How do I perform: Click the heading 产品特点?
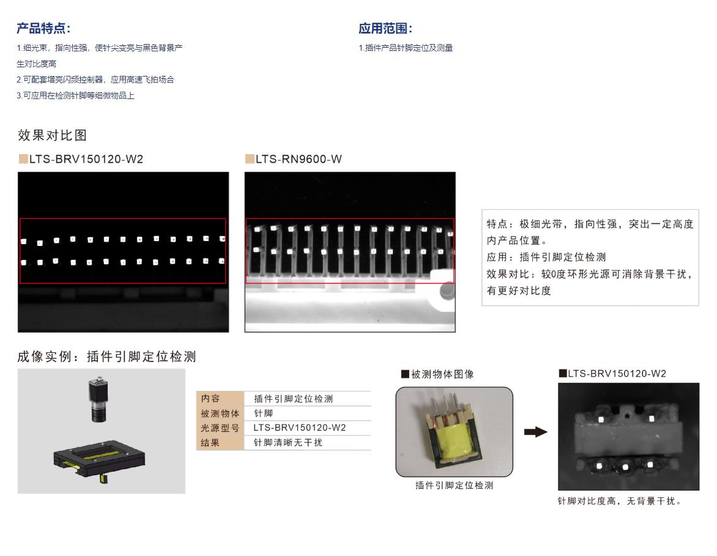[43, 28]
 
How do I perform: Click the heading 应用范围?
[385, 28]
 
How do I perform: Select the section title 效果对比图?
[52, 135]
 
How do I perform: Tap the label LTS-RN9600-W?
[299, 159]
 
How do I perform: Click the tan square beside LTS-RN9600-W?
[250, 159]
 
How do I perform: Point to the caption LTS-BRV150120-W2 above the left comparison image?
[86, 159]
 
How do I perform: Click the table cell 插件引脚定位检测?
[293, 399]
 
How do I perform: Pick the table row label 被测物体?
[220, 413]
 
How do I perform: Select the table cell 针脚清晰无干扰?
[288, 443]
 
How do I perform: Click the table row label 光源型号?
[220, 428]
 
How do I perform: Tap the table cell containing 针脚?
[264, 413]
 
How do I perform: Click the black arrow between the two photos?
[535, 432]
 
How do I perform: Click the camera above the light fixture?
[97, 399]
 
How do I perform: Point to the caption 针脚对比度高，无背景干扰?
[619, 501]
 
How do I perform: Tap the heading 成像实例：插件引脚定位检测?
[106, 357]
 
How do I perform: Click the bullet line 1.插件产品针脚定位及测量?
[406, 48]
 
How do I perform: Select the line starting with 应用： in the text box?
[546, 257]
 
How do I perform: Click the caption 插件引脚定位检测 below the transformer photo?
[454, 486]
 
